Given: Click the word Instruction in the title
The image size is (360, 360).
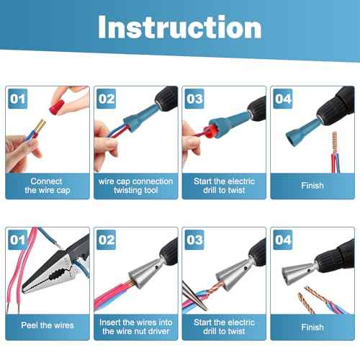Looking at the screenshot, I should pos(179,27).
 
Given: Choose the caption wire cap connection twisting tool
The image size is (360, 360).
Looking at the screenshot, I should pos(135,185).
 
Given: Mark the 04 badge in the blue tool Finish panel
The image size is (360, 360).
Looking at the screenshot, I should pos(281,97).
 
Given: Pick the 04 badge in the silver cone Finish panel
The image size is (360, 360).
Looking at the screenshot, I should pos(281,238).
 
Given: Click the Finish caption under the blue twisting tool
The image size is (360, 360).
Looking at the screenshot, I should pos(311,185).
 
